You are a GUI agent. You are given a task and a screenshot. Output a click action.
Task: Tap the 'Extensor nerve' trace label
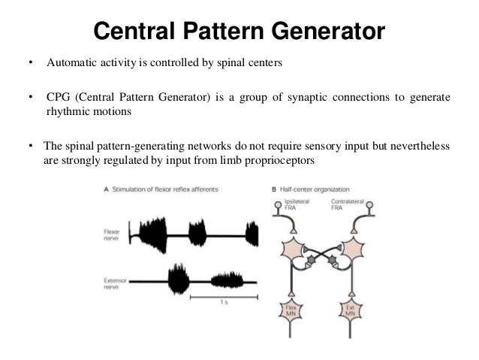pyautogui.click(x=115, y=283)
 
